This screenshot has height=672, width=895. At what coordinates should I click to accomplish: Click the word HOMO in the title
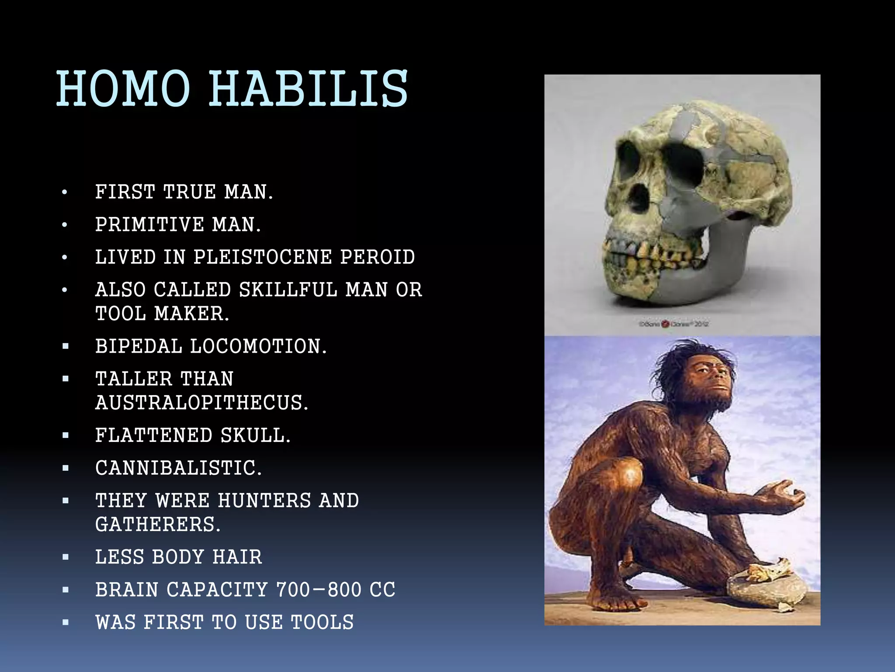tap(123, 89)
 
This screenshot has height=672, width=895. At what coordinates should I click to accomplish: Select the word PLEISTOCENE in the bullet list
tap(262, 257)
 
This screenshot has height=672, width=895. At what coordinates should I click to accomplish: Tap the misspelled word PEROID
tap(378, 257)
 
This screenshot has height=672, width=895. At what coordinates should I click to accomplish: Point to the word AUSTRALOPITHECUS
tap(202, 403)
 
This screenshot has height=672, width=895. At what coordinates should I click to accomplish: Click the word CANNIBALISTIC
tap(178, 468)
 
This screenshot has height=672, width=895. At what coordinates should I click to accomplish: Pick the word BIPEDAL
tap(139, 346)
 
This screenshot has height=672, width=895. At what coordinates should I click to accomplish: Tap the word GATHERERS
tap(158, 525)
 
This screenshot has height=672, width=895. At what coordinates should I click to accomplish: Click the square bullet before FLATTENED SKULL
tap(66, 436)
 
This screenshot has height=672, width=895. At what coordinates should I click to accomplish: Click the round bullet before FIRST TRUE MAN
tap(65, 192)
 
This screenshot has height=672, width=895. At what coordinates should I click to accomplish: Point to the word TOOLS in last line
tap(322, 623)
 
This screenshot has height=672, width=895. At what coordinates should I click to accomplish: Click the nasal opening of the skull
tap(640, 198)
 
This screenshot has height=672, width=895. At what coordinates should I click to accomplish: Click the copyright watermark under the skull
tap(673, 324)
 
